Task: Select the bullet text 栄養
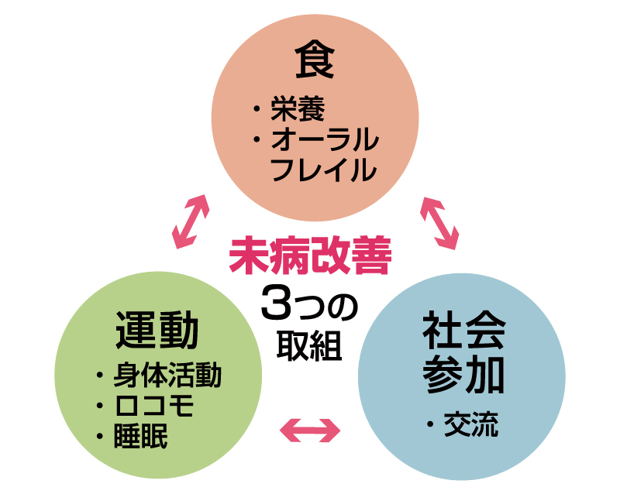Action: point(292,110)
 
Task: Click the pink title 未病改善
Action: point(310,257)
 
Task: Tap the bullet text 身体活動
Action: point(167,376)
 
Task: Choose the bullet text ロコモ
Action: point(153,406)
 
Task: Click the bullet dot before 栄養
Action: point(256,111)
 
